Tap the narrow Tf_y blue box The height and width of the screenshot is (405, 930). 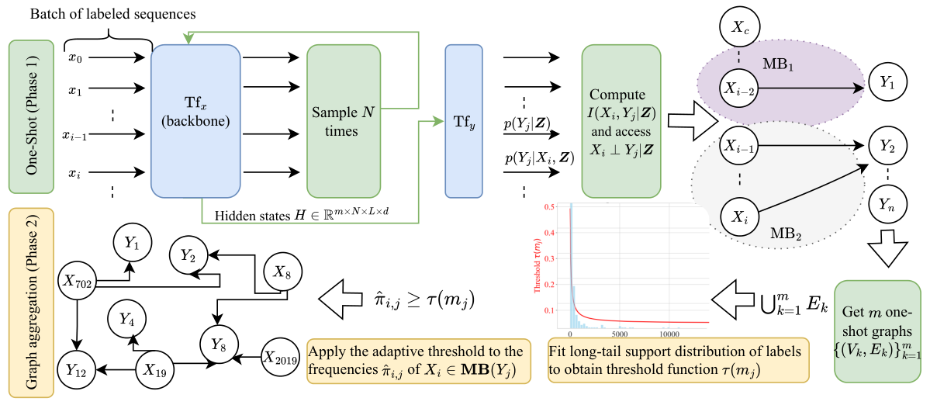(464, 120)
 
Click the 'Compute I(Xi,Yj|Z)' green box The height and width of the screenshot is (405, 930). (621, 121)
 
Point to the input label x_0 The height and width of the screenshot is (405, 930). (74, 57)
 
